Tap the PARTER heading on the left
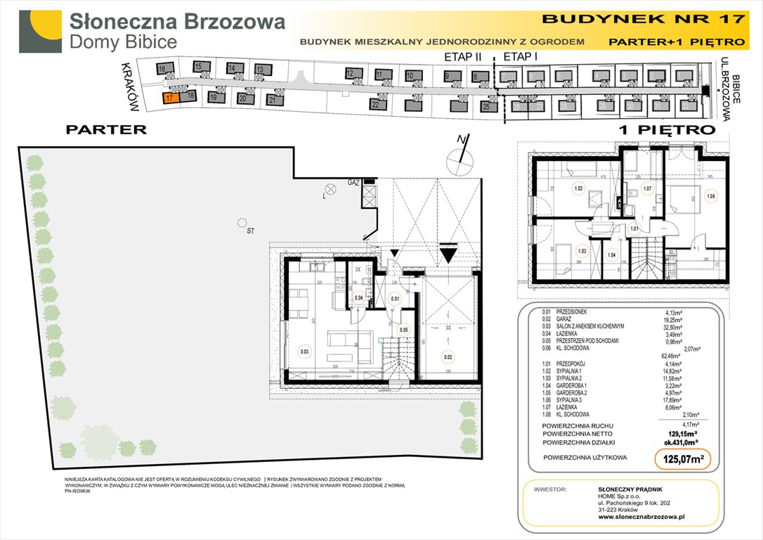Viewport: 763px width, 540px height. (105, 129)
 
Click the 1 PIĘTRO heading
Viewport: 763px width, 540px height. (666, 129)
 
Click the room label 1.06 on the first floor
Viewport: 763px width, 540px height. (711, 196)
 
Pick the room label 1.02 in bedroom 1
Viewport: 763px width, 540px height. (579, 188)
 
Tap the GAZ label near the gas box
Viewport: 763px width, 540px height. (353, 182)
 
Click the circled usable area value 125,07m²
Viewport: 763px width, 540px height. (679, 459)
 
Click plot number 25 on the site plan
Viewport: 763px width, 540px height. (485, 107)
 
